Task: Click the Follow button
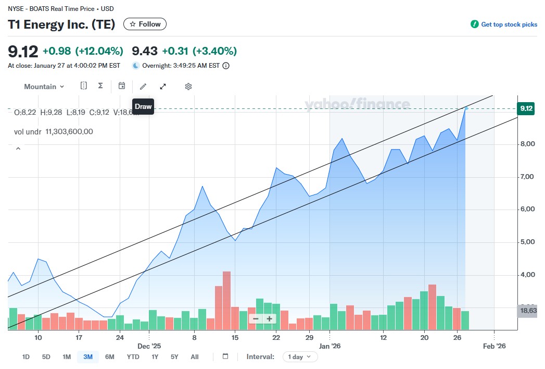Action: (145, 24)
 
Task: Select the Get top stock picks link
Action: (504, 24)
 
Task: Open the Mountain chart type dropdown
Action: (44, 87)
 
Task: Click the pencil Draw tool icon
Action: (143, 87)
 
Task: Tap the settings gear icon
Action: (188, 87)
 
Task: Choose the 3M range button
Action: (87, 357)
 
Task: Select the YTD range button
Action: (133, 357)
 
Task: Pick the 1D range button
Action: (26, 357)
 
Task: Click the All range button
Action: (194, 357)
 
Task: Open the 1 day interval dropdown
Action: (300, 357)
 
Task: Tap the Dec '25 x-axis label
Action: (149, 346)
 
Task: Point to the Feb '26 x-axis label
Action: (494, 346)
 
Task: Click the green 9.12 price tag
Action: (526, 108)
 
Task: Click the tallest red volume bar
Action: (226, 300)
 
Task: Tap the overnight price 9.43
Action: (145, 51)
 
